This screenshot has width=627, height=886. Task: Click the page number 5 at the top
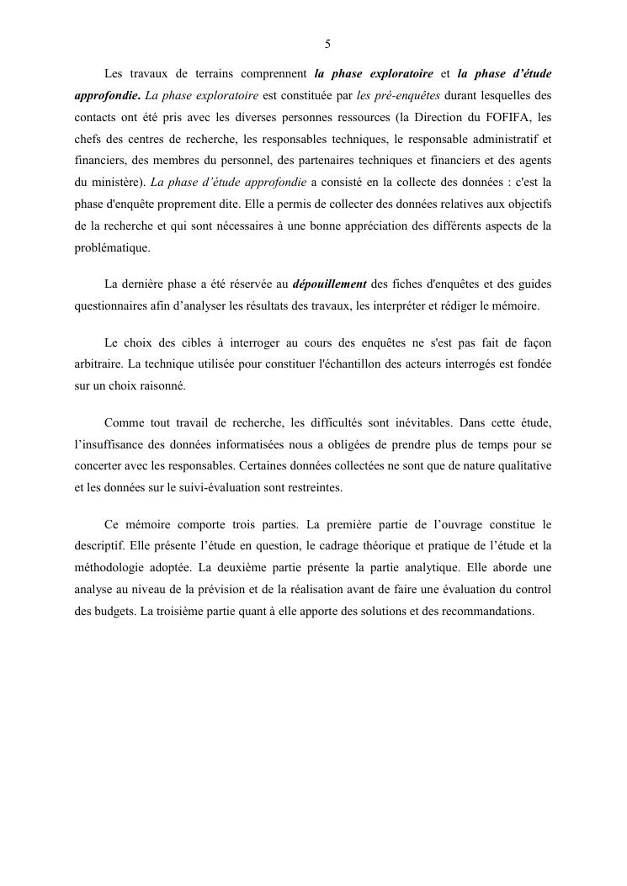(327, 45)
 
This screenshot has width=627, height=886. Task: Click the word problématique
(112, 247)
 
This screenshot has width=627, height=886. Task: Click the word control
(532, 589)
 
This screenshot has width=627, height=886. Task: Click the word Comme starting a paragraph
(122, 422)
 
